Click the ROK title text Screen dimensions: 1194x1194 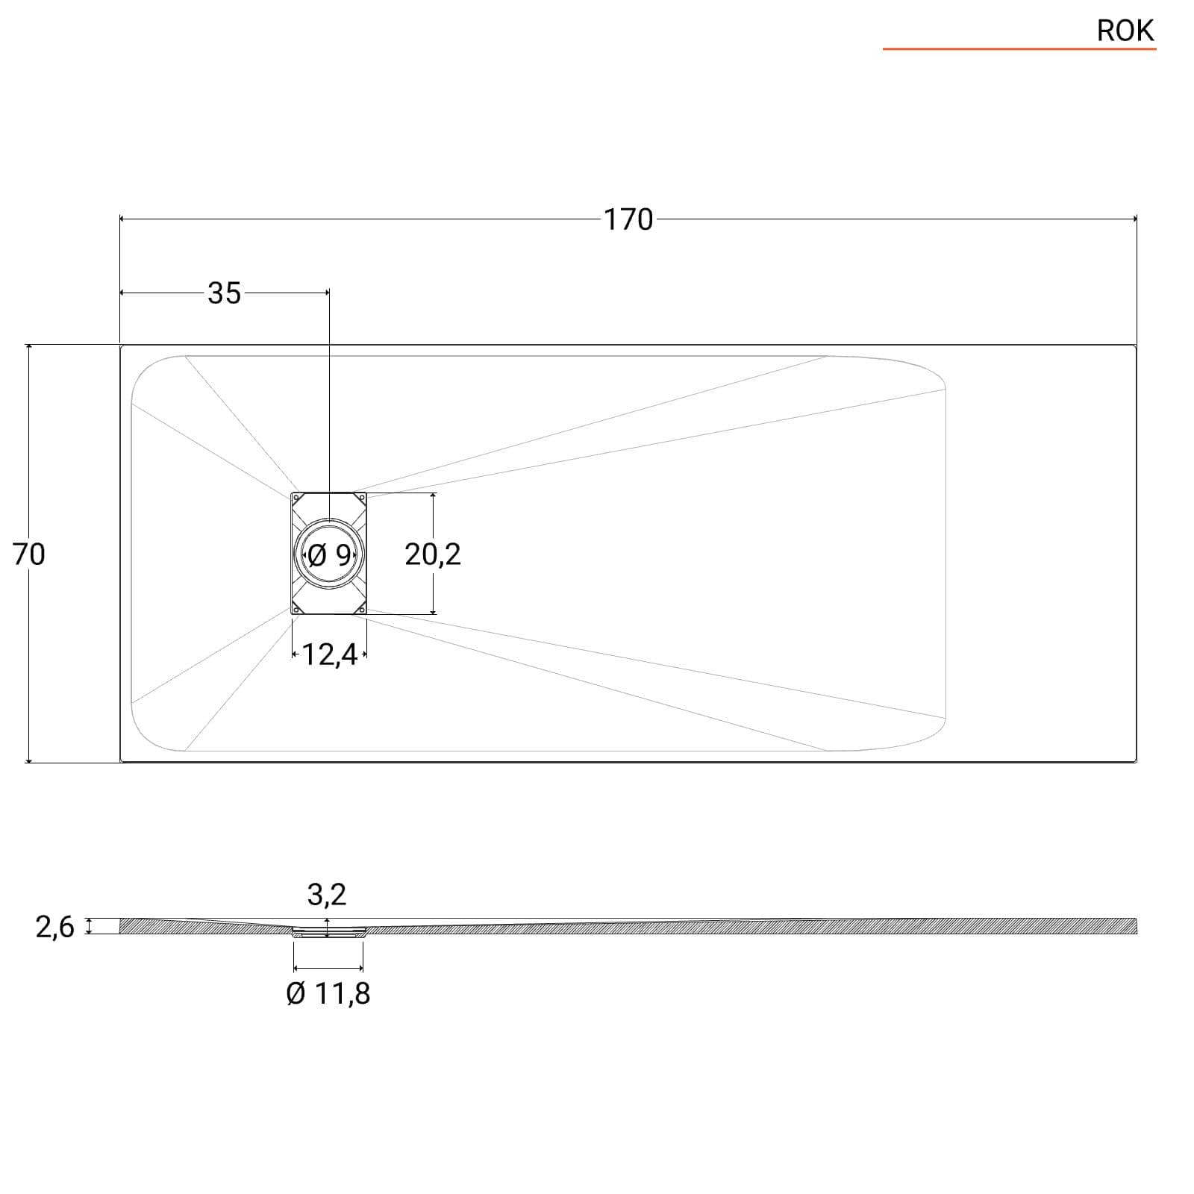click(1125, 31)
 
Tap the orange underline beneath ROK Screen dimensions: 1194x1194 click(1019, 49)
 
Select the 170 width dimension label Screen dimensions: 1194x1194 click(628, 220)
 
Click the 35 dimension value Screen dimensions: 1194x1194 click(225, 293)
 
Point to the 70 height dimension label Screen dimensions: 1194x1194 click(29, 554)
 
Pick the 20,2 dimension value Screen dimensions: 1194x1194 click(433, 554)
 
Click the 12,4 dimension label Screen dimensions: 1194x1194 click(329, 654)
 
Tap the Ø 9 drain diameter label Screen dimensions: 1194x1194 click(329, 554)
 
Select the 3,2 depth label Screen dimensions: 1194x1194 click(327, 894)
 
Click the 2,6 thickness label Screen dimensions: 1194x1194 click(55, 927)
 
